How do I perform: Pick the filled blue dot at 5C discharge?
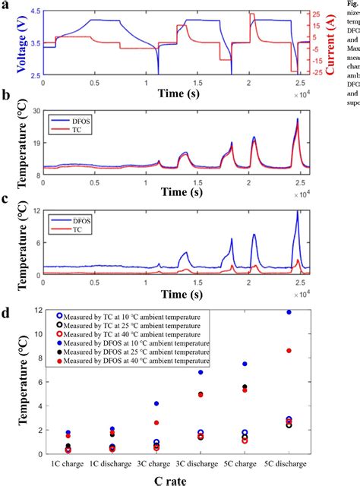coord(289,312)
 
